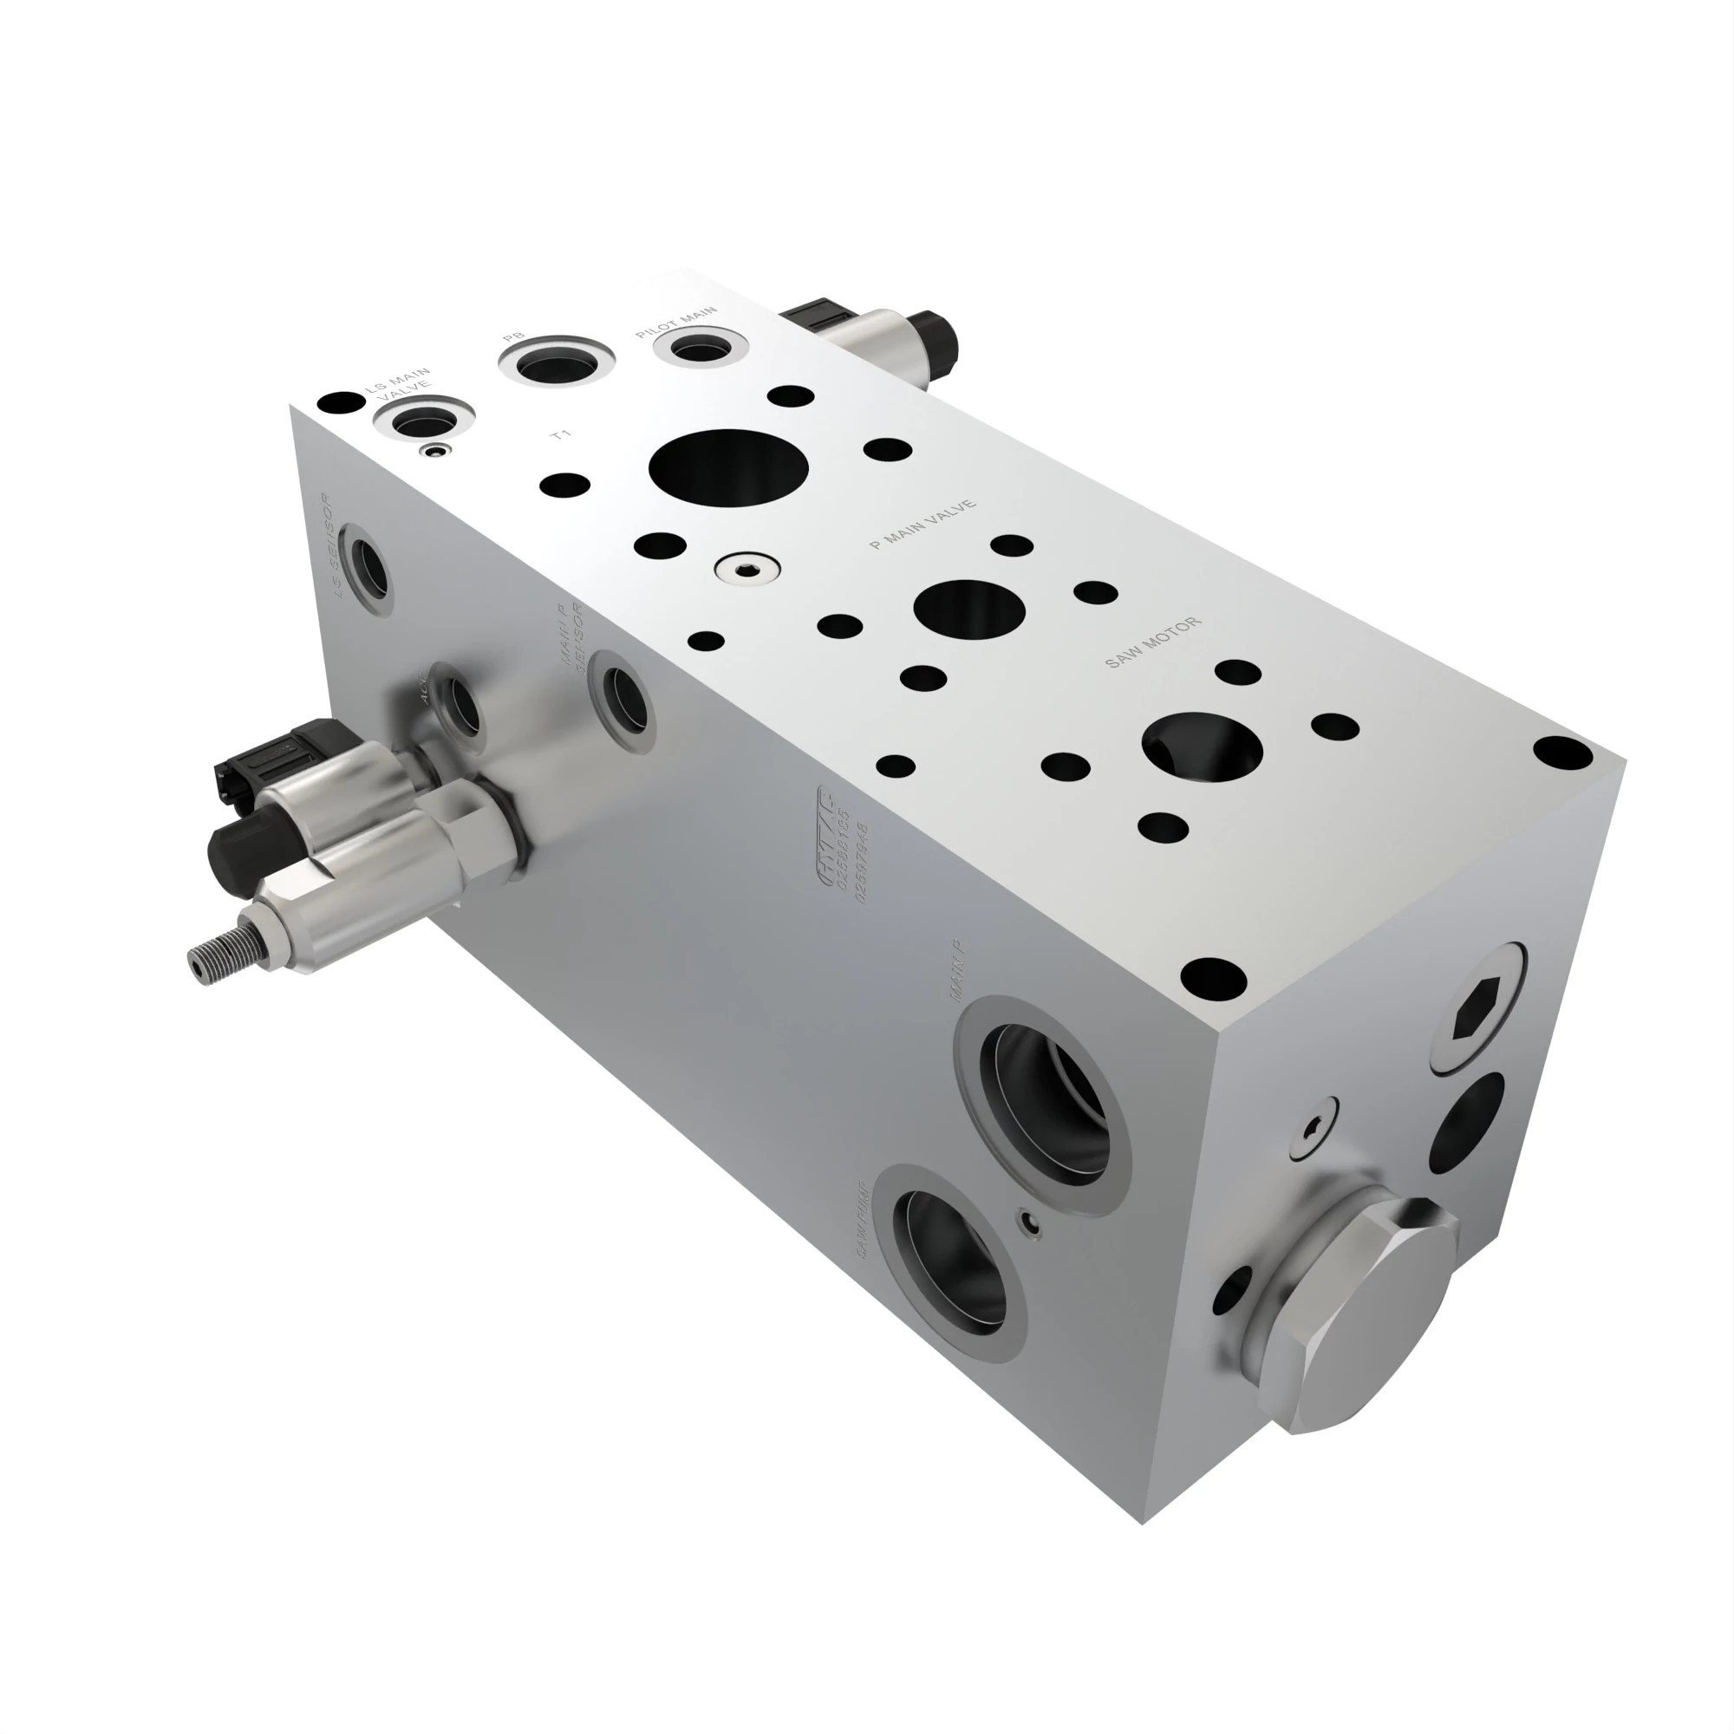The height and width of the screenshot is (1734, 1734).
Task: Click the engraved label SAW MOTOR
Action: (x=1152, y=642)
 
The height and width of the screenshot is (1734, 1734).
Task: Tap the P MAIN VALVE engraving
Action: (x=923, y=525)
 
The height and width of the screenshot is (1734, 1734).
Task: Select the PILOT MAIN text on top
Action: (x=676, y=323)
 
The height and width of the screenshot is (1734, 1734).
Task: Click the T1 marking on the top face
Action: (x=561, y=435)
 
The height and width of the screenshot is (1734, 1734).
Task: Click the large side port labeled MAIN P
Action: (x=1044, y=1103)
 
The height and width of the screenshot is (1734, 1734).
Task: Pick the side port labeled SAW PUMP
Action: (x=954, y=1265)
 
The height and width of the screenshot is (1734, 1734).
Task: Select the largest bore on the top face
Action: (x=728, y=467)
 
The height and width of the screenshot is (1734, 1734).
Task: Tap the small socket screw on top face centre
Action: (x=746, y=568)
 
